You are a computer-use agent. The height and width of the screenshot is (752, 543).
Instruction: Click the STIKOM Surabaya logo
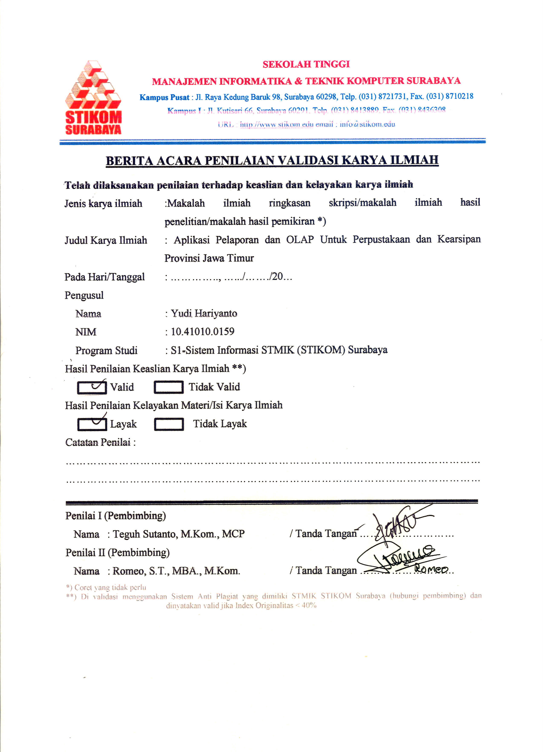pyautogui.click(x=93, y=97)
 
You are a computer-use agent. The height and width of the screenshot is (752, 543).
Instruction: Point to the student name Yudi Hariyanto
pyautogui.click(x=204, y=314)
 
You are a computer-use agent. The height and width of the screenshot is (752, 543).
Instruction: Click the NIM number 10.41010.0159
pyautogui.click(x=203, y=332)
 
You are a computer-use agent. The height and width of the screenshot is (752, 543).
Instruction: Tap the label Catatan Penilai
pyautogui.click(x=98, y=442)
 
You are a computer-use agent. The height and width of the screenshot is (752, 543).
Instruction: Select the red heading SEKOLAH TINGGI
pyautogui.click(x=306, y=64)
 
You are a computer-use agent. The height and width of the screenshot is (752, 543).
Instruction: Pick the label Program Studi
pyautogui.click(x=106, y=350)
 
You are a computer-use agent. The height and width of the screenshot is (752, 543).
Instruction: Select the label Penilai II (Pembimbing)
pyautogui.click(x=118, y=552)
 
